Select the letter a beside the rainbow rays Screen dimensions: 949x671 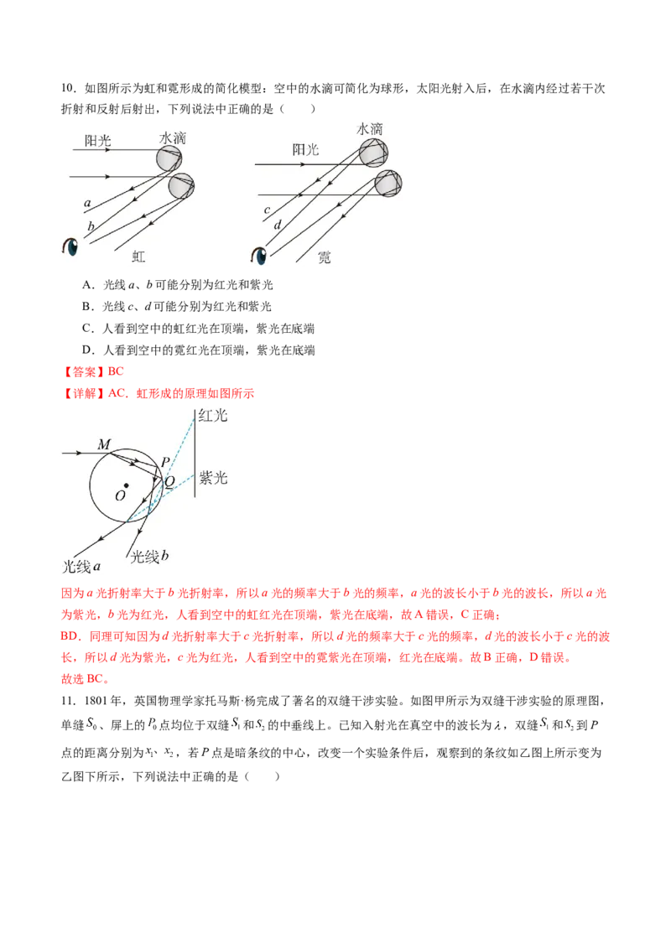pyautogui.click(x=87, y=203)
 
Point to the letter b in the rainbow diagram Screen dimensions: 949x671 pyautogui.click(x=90, y=226)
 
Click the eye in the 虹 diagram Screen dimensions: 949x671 pyautogui.click(x=70, y=248)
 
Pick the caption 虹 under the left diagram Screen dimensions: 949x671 pyautogui.click(x=139, y=257)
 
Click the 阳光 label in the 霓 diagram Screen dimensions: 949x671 pyautogui.click(x=305, y=149)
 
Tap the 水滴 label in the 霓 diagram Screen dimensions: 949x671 pyautogui.click(x=370, y=129)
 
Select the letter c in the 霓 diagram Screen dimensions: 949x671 pyautogui.click(x=267, y=209)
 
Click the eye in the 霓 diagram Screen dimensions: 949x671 pyautogui.click(x=262, y=255)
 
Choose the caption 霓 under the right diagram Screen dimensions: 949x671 pyautogui.click(x=324, y=257)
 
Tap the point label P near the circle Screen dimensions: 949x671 pyautogui.click(x=165, y=463)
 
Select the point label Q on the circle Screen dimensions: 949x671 pyautogui.click(x=169, y=481)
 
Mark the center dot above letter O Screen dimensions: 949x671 pyautogui.click(x=126, y=485)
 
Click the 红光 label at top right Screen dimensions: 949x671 pyautogui.click(x=212, y=416)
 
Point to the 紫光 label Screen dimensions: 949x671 pyautogui.click(x=213, y=478)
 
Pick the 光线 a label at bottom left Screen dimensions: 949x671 pyautogui.click(x=83, y=565)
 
